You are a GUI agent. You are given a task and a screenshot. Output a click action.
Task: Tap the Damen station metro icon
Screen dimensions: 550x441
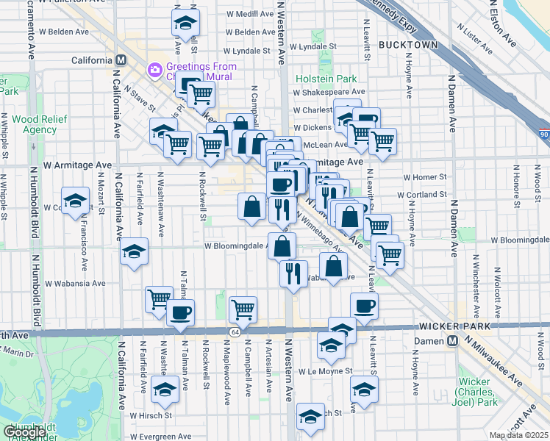453,341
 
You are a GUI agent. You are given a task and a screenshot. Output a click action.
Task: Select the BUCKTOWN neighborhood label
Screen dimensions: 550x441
408,45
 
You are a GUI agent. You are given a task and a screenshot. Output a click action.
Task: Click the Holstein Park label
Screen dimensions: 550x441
326,79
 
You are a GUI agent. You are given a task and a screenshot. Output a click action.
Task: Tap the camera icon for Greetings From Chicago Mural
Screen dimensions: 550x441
155,71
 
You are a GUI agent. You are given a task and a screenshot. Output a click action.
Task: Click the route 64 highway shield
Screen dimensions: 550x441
233,332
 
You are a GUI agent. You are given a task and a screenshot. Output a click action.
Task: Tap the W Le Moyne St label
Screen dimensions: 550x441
326,372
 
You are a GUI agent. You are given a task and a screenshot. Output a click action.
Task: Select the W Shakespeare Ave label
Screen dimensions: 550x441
329,93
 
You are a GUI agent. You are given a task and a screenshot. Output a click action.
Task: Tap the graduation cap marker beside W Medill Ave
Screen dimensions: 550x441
186,22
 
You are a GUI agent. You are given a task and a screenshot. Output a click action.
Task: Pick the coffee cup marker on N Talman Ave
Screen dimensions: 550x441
180,313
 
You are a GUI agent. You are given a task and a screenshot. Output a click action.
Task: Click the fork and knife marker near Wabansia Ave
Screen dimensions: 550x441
293,273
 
